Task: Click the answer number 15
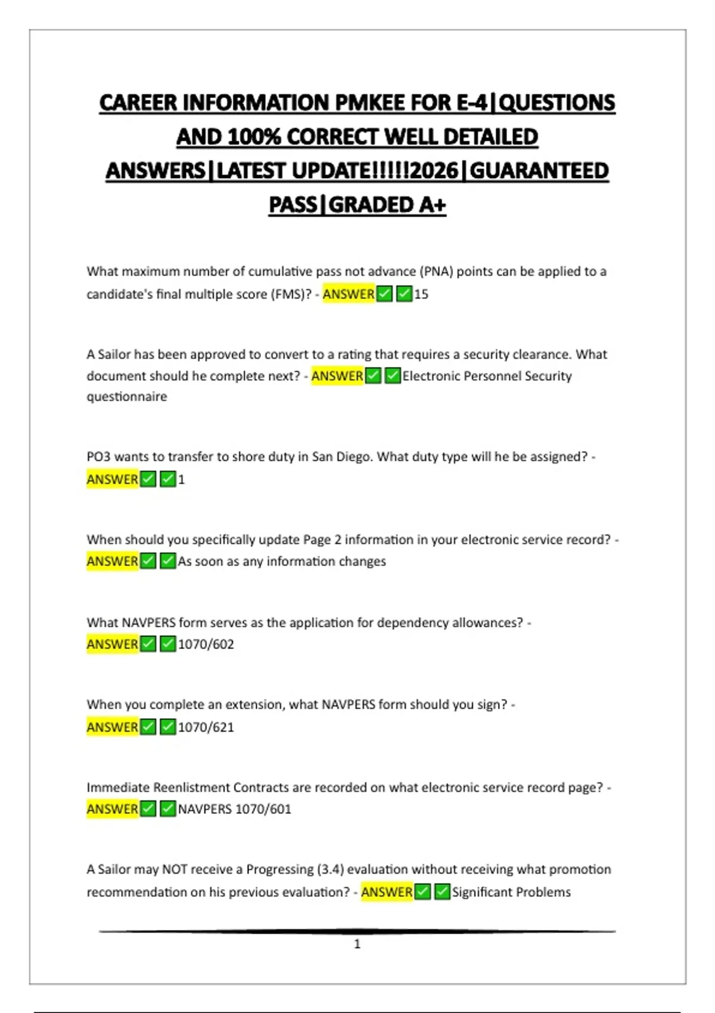pos(421,294)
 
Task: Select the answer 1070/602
pos(206,644)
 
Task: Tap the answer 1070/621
pos(206,727)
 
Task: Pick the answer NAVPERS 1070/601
pos(234,809)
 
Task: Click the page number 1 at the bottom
pos(357,944)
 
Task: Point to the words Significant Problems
pos(511,892)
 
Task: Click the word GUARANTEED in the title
pos(539,171)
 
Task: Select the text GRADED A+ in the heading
pos(387,205)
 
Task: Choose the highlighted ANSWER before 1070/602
pos(112,644)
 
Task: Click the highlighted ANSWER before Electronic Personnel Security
pos(337,376)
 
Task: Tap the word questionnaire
pos(126,397)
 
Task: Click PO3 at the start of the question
pos(98,456)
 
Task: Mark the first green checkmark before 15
pos(385,294)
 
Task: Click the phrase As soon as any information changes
pos(282,561)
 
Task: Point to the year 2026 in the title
pos(434,171)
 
